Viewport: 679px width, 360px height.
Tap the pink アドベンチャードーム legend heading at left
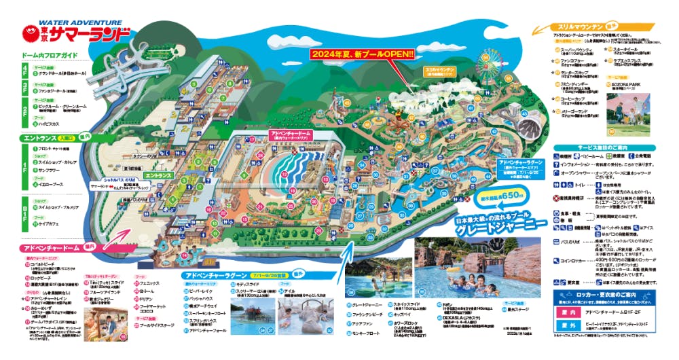50,249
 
